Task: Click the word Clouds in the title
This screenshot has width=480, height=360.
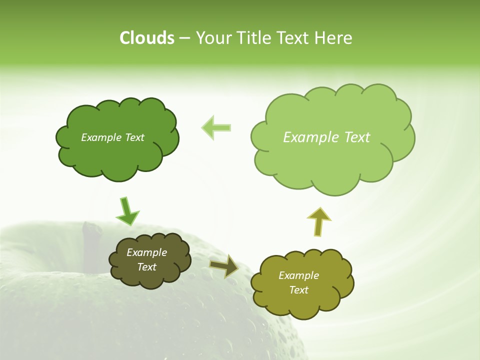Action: click(x=147, y=38)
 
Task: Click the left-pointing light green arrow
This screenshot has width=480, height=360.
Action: click(x=216, y=128)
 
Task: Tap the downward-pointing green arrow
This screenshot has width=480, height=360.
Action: click(x=127, y=212)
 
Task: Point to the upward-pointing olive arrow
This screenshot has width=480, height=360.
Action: click(x=318, y=221)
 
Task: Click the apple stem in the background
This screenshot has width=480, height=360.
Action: click(x=91, y=245)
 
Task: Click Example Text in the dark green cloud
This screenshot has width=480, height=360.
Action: click(x=112, y=137)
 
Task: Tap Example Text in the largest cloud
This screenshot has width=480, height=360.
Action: click(x=326, y=137)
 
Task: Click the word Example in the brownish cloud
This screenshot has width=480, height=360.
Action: click(x=146, y=253)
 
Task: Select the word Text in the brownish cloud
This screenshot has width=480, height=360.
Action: click(x=146, y=267)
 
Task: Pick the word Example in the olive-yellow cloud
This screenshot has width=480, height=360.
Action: click(x=298, y=275)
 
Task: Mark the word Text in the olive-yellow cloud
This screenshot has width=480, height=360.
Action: click(x=298, y=290)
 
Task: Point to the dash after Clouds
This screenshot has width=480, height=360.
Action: click(x=184, y=38)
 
